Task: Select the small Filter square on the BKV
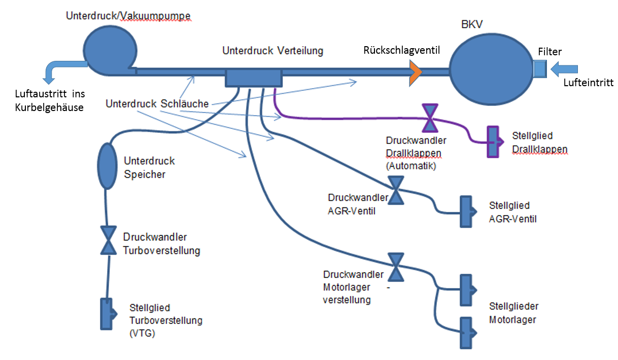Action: point(539,68)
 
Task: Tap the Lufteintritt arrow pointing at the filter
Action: point(564,68)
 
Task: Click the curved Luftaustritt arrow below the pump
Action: point(59,68)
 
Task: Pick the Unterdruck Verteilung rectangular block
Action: point(253,78)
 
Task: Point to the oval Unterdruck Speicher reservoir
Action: point(107,166)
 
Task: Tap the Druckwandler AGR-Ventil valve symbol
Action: point(396,190)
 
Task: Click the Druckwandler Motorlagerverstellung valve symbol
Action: point(396,267)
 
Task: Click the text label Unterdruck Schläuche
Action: point(157,104)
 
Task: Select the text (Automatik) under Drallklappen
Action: point(410,165)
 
